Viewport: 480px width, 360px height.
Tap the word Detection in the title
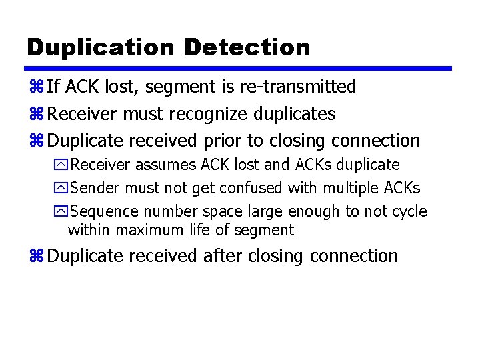click(x=247, y=47)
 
